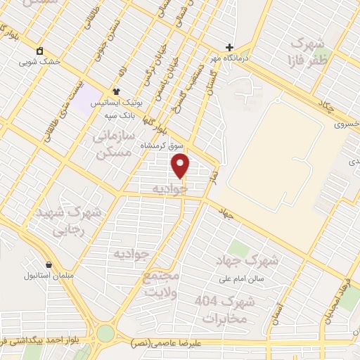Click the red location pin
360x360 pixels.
[181, 166]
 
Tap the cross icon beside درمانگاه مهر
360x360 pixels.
[229, 47]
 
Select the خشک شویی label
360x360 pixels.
[60, 61]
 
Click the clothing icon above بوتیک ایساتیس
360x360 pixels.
[117, 91]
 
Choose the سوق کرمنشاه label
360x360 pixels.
[162, 146]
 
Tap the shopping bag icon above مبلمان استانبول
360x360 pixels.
[49, 265]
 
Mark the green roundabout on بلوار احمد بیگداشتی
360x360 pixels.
[105, 333]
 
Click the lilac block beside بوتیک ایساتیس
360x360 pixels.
[87, 99]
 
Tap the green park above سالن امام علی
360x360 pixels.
[239, 249]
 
